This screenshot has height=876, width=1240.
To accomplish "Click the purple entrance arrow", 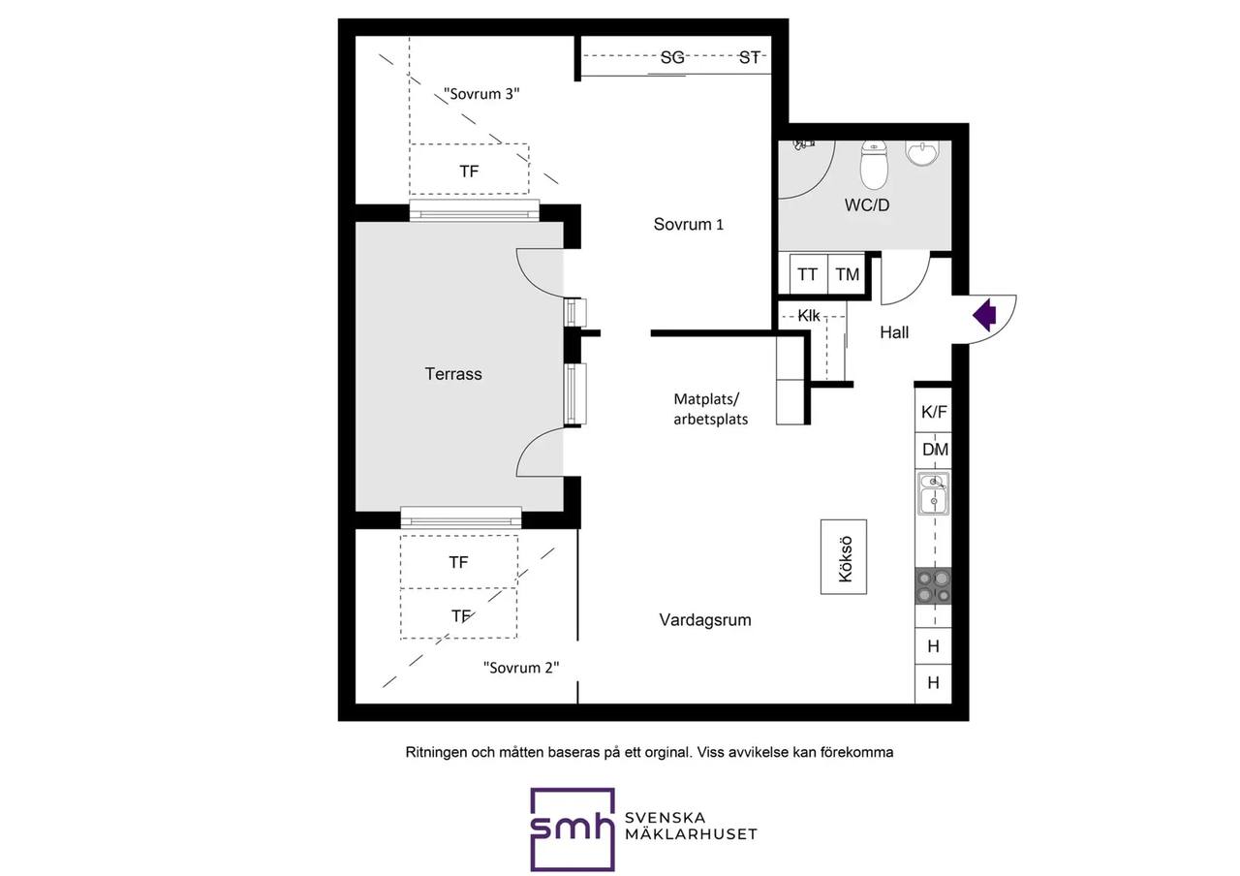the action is click(x=985, y=315).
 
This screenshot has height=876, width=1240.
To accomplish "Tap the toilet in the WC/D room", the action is click(x=874, y=164).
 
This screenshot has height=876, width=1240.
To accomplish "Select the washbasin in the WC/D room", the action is click(x=923, y=153).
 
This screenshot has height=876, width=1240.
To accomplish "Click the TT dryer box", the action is click(x=808, y=273).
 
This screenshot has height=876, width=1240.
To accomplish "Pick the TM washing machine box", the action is click(x=847, y=273).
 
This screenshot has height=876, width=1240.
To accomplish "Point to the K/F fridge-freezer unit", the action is click(x=933, y=411).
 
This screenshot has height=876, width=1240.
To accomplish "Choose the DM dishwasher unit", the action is click(x=933, y=450).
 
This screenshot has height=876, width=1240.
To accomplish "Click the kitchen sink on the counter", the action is click(x=933, y=493).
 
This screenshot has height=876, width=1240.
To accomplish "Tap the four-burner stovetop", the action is click(x=933, y=586).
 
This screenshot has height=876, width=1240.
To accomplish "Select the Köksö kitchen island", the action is click(x=844, y=557).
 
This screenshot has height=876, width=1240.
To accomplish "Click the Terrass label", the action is click(x=453, y=374).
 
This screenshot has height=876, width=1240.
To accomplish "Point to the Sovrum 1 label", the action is click(x=688, y=224).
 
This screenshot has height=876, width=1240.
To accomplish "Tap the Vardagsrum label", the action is click(x=705, y=619).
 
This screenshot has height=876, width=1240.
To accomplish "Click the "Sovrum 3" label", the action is click(x=481, y=94).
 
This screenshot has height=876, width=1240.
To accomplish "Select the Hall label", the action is click(x=894, y=332).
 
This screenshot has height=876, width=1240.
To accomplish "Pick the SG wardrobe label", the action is click(x=672, y=57).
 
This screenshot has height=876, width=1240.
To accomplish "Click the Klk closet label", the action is click(x=809, y=316).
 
